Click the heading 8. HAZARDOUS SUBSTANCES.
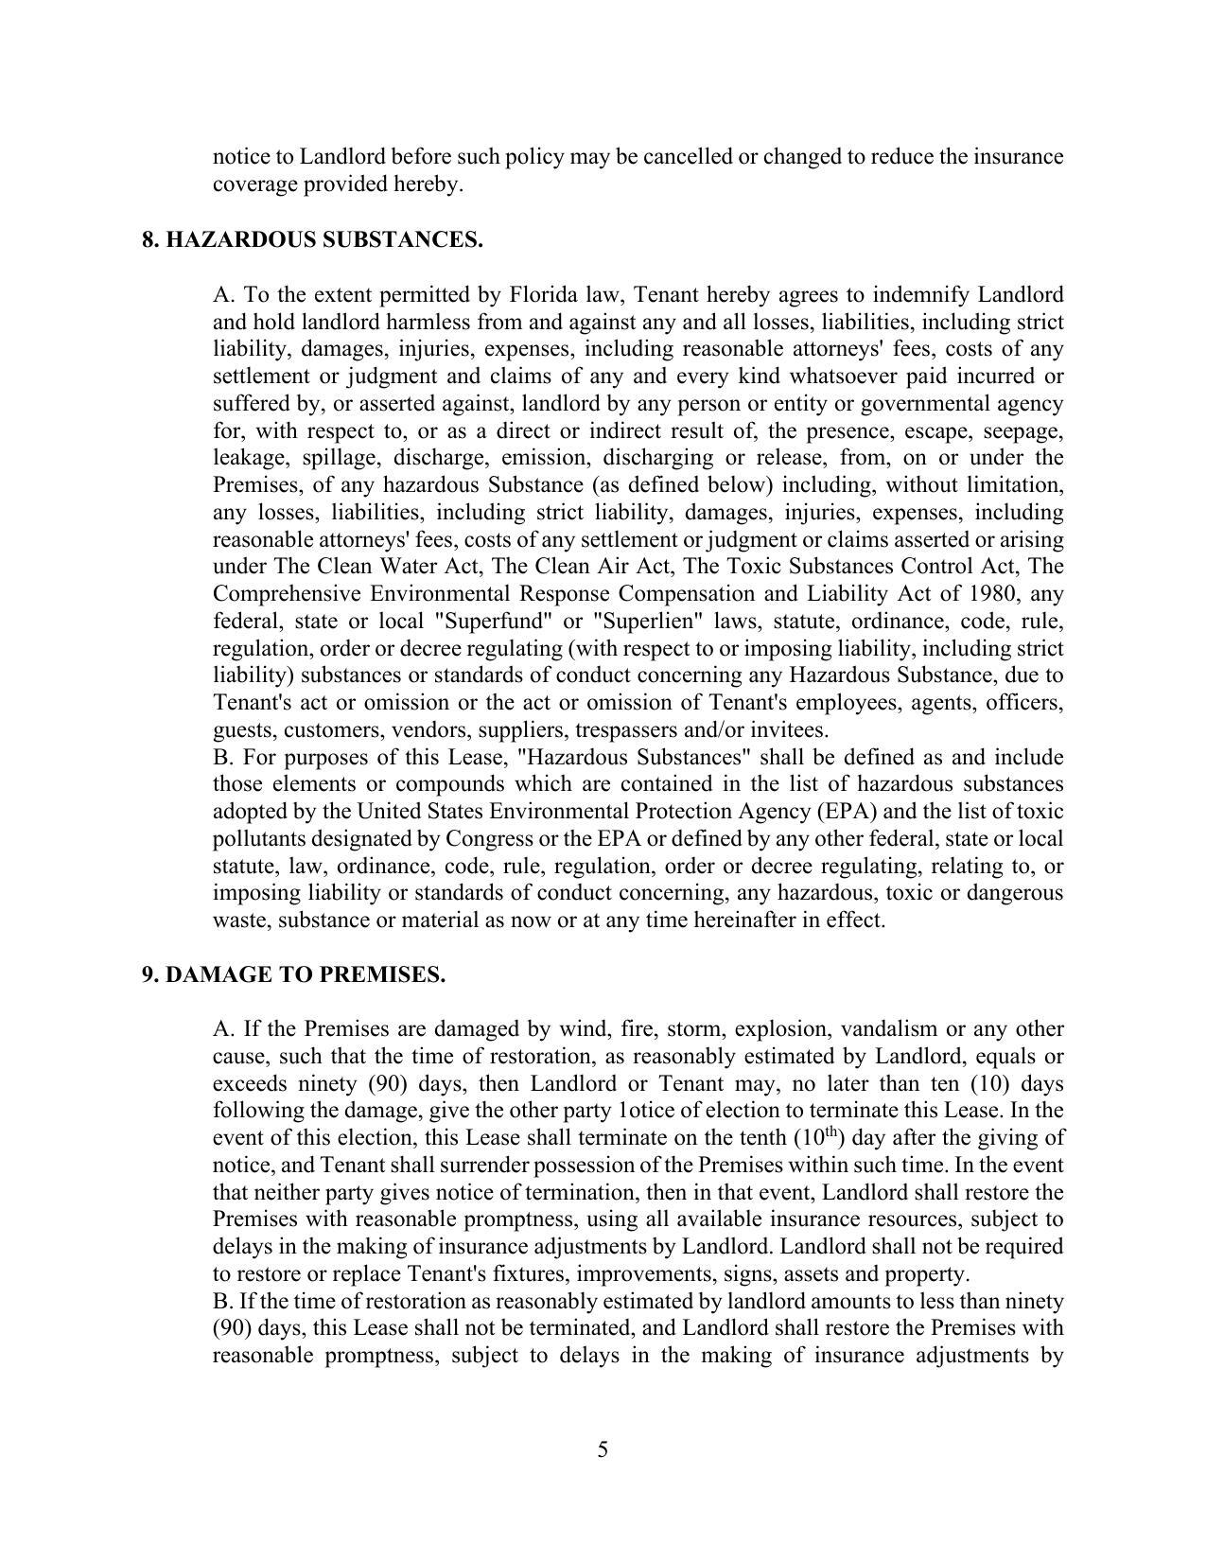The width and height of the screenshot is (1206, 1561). [x=312, y=240]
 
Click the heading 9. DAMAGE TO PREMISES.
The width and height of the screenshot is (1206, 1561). [x=293, y=975]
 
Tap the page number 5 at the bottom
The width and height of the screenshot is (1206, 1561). [x=603, y=1449]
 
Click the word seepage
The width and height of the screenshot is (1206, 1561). [x=1022, y=431]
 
